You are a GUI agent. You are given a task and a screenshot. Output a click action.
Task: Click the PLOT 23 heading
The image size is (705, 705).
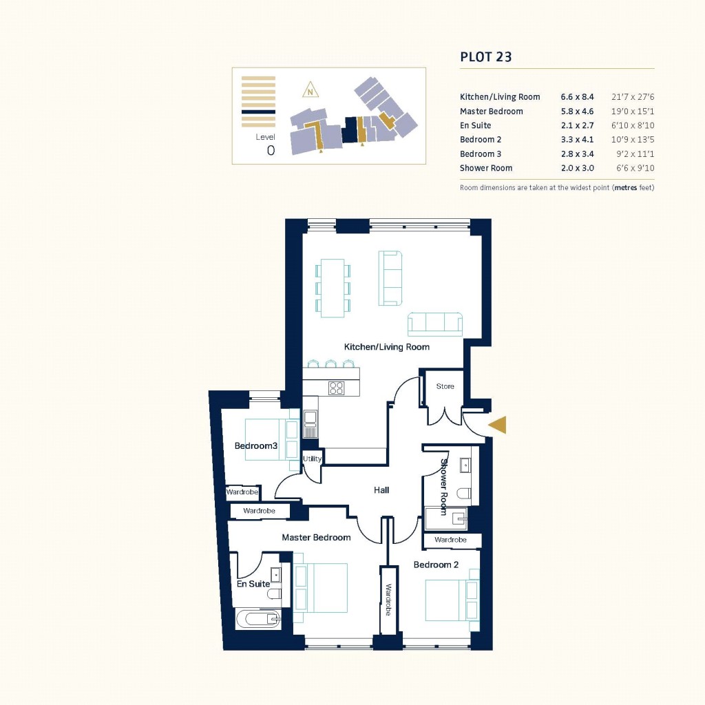pos(485,57)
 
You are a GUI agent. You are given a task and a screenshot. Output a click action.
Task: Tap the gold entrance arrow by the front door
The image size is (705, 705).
pos(498,425)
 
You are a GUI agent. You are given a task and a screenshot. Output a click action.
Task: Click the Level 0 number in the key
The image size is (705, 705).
pos(271,151)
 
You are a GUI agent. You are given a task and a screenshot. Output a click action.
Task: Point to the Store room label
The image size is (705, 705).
pos(445,386)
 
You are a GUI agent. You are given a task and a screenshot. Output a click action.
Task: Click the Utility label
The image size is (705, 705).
pos(312,459)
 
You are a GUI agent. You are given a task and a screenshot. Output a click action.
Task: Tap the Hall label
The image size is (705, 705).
pos(381,490)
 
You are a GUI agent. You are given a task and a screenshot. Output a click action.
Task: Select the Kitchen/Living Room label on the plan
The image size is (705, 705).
pos(386,347)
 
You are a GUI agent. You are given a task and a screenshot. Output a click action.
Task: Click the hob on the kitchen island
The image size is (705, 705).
pos(337,388)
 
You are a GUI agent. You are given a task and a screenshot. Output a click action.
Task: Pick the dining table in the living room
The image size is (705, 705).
pos(333,287)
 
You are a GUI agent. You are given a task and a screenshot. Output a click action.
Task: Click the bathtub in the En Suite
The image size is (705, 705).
pos(259,620)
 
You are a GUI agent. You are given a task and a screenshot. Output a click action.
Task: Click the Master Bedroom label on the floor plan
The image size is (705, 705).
pos(316,537)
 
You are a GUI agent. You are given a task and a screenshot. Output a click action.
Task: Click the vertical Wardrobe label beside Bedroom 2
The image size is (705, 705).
pos(389,600)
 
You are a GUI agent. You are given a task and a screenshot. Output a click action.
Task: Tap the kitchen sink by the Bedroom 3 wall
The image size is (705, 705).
pos(311,417)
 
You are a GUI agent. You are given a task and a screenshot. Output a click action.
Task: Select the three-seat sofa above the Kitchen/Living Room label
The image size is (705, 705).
pos(435,324)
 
